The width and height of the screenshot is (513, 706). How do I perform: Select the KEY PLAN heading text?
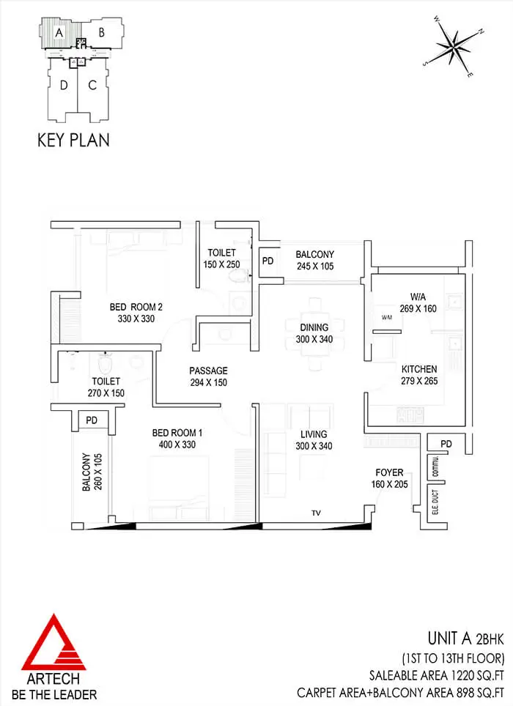(73, 140)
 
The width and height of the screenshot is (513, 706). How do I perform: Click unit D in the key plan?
(63, 89)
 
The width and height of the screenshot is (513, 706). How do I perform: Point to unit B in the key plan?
(102, 32)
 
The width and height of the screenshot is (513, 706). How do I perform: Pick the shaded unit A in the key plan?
(60, 33)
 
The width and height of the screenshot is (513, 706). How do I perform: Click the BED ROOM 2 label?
(136, 307)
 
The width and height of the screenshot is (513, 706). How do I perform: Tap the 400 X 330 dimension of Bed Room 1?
(177, 445)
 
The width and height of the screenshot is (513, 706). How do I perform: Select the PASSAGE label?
(208, 371)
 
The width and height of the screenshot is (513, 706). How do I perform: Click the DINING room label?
(314, 327)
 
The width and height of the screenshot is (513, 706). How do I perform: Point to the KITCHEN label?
(419, 369)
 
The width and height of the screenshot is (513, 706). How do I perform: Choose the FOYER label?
(389, 472)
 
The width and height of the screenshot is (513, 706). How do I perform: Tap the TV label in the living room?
(316, 513)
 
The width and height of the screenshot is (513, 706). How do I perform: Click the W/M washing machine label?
(386, 317)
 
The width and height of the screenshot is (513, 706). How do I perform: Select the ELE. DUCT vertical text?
(435, 502)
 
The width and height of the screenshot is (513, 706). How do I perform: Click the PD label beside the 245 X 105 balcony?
(267, 261)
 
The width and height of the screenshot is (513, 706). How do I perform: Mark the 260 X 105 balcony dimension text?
(99, 472)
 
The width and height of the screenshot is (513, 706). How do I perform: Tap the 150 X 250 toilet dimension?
(221, 264)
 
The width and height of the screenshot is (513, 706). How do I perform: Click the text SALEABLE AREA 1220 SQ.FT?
(437, 675)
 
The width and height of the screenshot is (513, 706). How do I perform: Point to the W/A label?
(418, 297)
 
